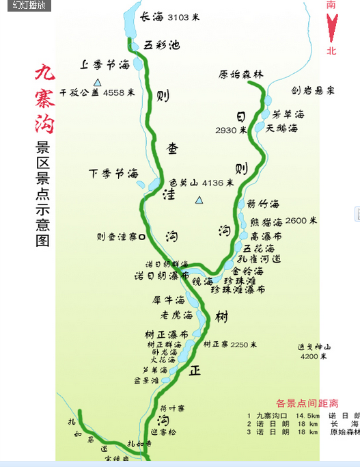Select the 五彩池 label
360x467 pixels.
click(x=162, y=45)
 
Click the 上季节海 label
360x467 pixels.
click(x=105, y=64)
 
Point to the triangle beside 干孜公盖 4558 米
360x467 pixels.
click(x=97, y=82)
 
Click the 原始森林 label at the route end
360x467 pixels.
click(x=240, y=75)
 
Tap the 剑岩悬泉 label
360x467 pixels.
click(x=312, y=90)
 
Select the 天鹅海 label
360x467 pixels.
click(x=281, y=128)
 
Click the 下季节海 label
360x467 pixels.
click(x=114, y=174)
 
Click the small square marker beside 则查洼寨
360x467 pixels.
click(x=141, y=237)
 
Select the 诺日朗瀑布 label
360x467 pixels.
click(x=161, y=276)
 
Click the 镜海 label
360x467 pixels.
click(x=203, y=281)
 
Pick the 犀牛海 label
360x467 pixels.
click(x=169, y=299)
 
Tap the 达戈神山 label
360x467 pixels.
click(x=314, y=347)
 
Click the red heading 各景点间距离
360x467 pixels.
click(x=307, y=403)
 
